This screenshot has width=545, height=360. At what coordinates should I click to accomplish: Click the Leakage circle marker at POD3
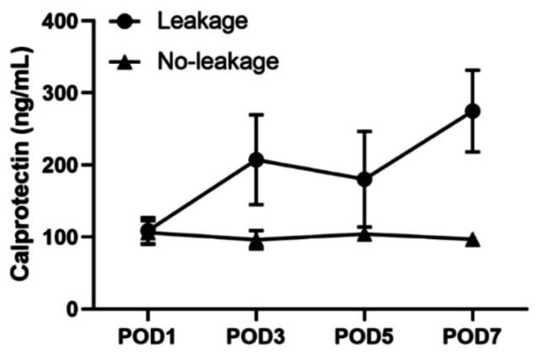pyautogui.click(x=256, y=159)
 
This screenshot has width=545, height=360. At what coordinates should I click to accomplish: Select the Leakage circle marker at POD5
pyautogui.click(x=364, y=179)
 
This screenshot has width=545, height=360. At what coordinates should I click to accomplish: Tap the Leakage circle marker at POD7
pyautogui.click(x=472, y=111)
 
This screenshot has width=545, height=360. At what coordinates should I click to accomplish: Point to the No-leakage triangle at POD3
pyautogui.click(x=256, y=242)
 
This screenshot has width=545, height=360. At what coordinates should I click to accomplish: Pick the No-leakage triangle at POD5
pyautogui.click(x=364, y=234)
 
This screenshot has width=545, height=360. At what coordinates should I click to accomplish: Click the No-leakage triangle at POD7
pyautogui.click(x=472, y=239)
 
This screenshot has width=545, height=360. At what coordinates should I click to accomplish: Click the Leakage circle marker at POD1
pyautogui.click(x=148, y=230)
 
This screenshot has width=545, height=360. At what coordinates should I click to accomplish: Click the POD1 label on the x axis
pyautogui.click(x=148, y=337)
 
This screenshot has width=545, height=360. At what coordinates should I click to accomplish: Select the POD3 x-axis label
pyautogui.click(x=256, y=337)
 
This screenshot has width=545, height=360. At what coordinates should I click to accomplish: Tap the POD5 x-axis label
pyautogui.click(x=364, y=337)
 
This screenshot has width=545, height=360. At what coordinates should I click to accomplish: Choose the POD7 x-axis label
pyautogui.click(x=472, y=337)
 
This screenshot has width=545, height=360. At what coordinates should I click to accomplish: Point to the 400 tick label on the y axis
pyautogui.click(x=64, y=21)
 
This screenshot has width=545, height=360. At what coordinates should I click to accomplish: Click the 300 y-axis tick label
pyautogui.click(x=64, y=93)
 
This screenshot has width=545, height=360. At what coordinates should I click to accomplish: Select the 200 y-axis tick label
pyautogui.click(x=64, y=165)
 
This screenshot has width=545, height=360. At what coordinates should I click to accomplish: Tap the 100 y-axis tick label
pyautogui.click(x=64, y=237)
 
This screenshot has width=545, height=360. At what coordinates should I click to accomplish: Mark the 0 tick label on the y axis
pyautogui.click(x=75, y=310)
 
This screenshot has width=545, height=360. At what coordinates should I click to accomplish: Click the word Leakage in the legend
pyautogui.click(x=202, y=21)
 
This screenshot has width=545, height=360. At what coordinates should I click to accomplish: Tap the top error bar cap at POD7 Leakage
pyautogui.click(x=472, y=70)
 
